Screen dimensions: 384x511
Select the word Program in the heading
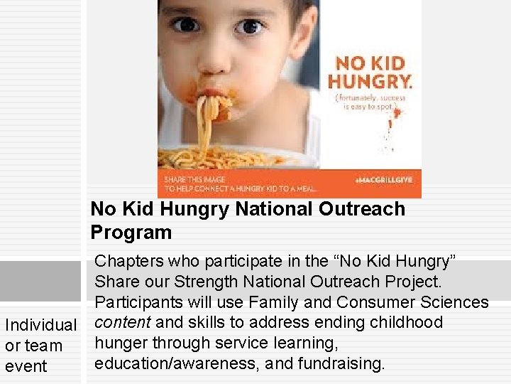[x=131, y=233]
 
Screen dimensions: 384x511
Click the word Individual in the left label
[x=41, y=325]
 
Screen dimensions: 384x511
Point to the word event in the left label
[x=26, y=366]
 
